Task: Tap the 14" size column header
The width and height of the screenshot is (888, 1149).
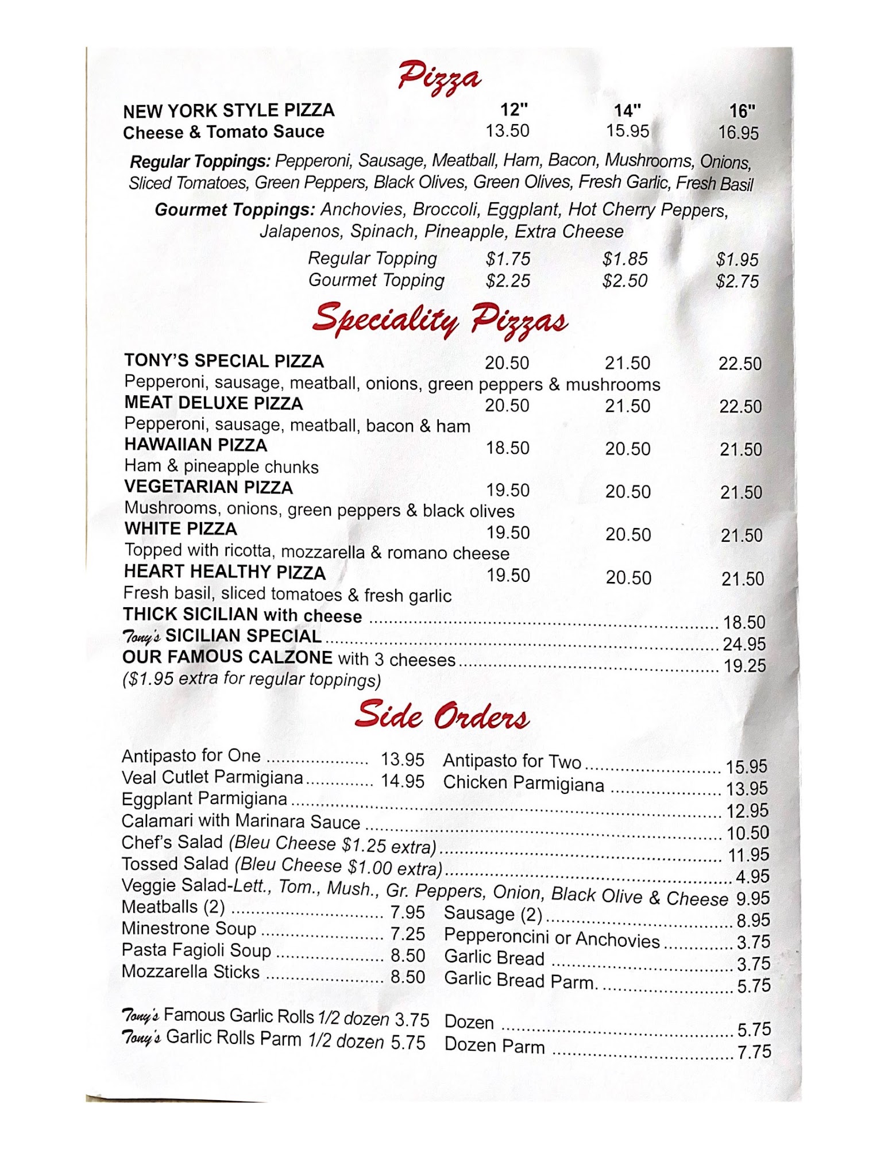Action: point(627,110)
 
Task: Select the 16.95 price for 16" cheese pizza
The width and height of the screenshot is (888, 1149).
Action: point(738,133)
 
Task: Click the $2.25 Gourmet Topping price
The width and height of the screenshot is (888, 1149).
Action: point(508,281)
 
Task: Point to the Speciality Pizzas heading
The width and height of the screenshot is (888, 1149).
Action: point(440,321)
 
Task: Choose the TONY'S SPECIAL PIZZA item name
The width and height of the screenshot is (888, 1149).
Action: point(224,361)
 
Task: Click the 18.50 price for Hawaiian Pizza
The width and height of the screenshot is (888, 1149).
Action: point(508,448)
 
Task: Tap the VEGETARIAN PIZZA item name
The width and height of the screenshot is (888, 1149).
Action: point(209,487)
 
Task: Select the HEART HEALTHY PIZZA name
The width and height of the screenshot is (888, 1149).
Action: point(225,572)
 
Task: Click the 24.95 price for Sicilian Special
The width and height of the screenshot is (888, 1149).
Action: point(744,644)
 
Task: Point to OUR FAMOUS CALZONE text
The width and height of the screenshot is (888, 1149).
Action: point(227,657)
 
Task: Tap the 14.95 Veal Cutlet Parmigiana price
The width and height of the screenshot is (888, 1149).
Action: point(403,781)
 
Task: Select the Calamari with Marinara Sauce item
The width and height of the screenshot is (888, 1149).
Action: point(241,821)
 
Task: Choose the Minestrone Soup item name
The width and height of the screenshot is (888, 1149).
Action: point(189,928)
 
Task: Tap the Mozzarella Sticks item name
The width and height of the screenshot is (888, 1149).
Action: point(191,971)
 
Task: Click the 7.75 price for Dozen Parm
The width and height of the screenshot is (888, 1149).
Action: point(754,1052)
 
